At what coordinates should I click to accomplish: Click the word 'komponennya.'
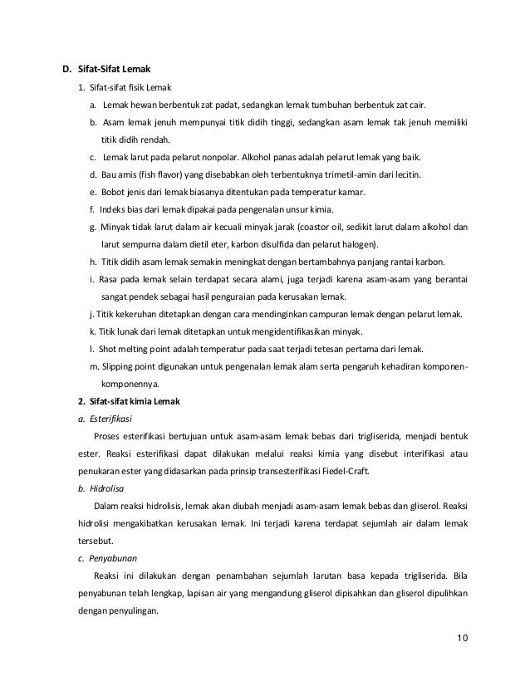coord(131,384)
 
